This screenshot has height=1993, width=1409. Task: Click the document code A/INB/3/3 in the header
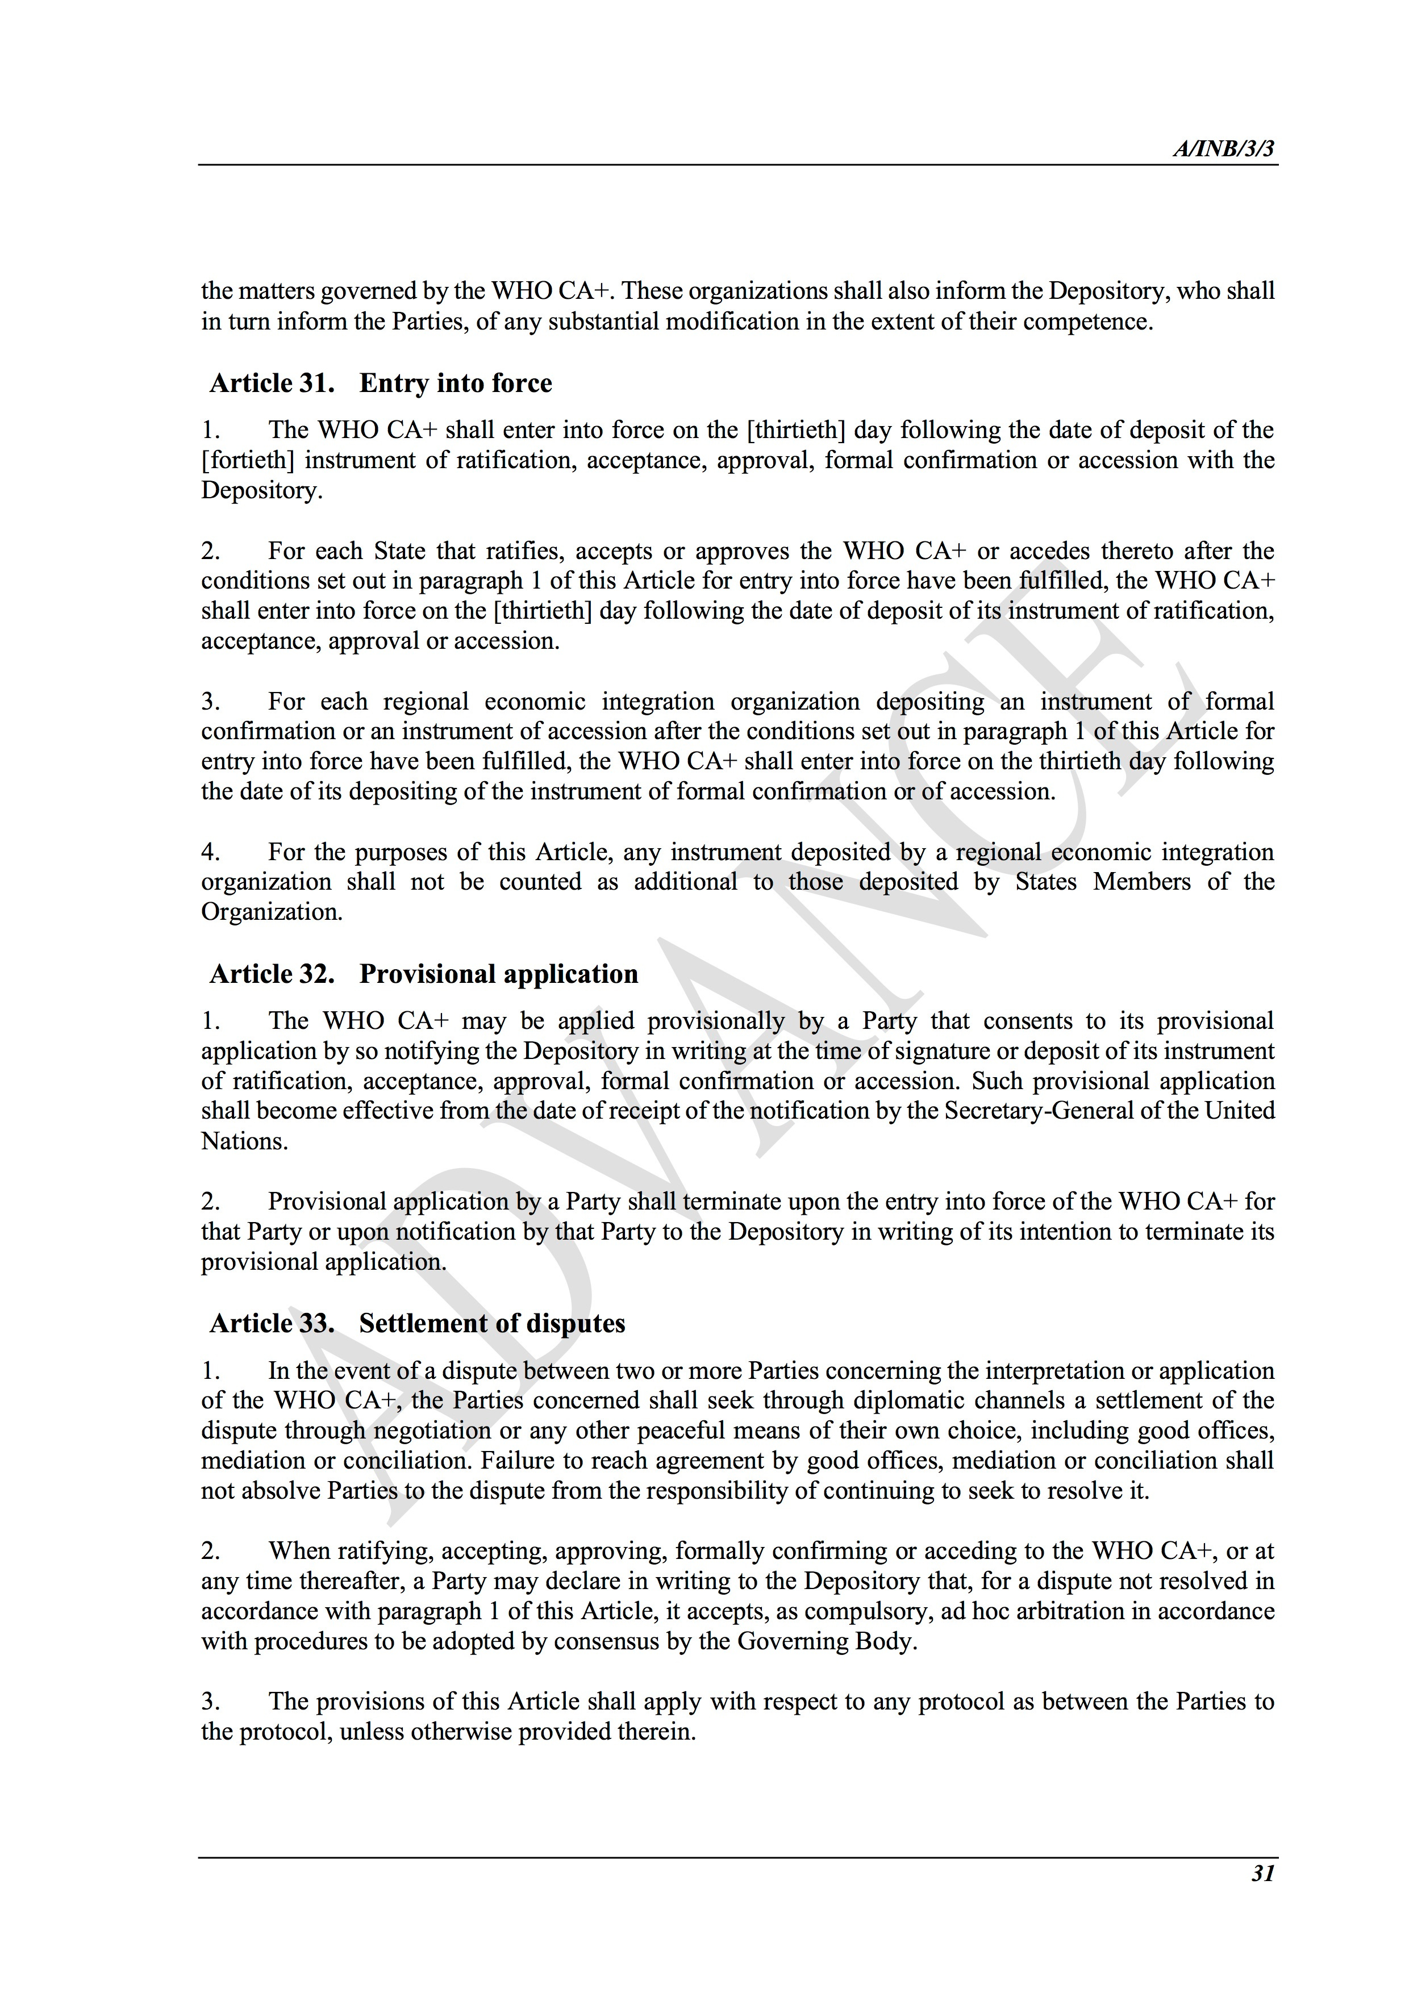pyautogui.click(x=1224, y=149)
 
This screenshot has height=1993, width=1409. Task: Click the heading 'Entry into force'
pyautogui.click(x=455, y=383)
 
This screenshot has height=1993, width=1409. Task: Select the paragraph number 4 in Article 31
pyautogui.click(x=210, y=852)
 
